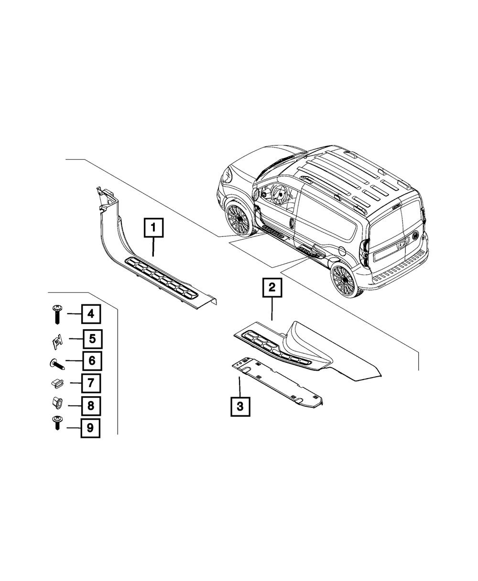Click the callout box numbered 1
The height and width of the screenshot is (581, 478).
click(153, 228)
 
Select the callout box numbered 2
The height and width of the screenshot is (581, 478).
click(272, 288)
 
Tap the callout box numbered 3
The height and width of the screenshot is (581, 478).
click(240, 406)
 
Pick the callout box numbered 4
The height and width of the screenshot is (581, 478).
click(91, 314)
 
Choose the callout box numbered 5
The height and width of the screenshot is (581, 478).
click(92, 339)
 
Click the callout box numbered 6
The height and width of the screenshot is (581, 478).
click(92, 361)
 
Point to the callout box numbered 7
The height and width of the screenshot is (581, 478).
click(91, 383)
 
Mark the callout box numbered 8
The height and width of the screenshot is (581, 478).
click(91, 406)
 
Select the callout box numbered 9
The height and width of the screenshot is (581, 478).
click(90, 428)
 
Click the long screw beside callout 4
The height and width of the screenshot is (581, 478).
click(57, 314)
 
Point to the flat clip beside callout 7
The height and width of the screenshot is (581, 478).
click(57, 383)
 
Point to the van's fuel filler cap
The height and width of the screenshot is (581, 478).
click(342, 251)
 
